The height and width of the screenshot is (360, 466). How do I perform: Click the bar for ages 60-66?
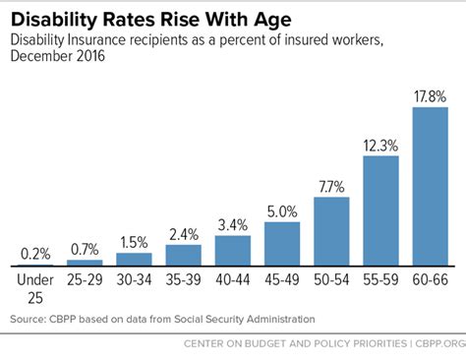(430, 187)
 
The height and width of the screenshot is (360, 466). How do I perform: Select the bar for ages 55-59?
(380, 211)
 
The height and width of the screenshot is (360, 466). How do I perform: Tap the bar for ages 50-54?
(331, 232)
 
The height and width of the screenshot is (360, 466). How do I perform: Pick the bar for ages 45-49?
(282, 244)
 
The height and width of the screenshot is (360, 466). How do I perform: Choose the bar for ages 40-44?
(232, 251)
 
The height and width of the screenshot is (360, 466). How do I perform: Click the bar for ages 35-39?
(183, 256)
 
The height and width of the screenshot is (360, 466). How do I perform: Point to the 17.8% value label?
(430, 96)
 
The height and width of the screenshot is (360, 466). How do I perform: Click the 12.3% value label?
(380, 145)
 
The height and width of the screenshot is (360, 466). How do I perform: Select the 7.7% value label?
(331, 186)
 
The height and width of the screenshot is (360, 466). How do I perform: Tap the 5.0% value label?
(282, 210)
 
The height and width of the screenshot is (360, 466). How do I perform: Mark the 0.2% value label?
(34, 253)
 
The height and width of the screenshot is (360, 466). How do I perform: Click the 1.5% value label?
(134, 241)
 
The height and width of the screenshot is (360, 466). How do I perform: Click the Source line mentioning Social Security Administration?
(162, 319)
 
